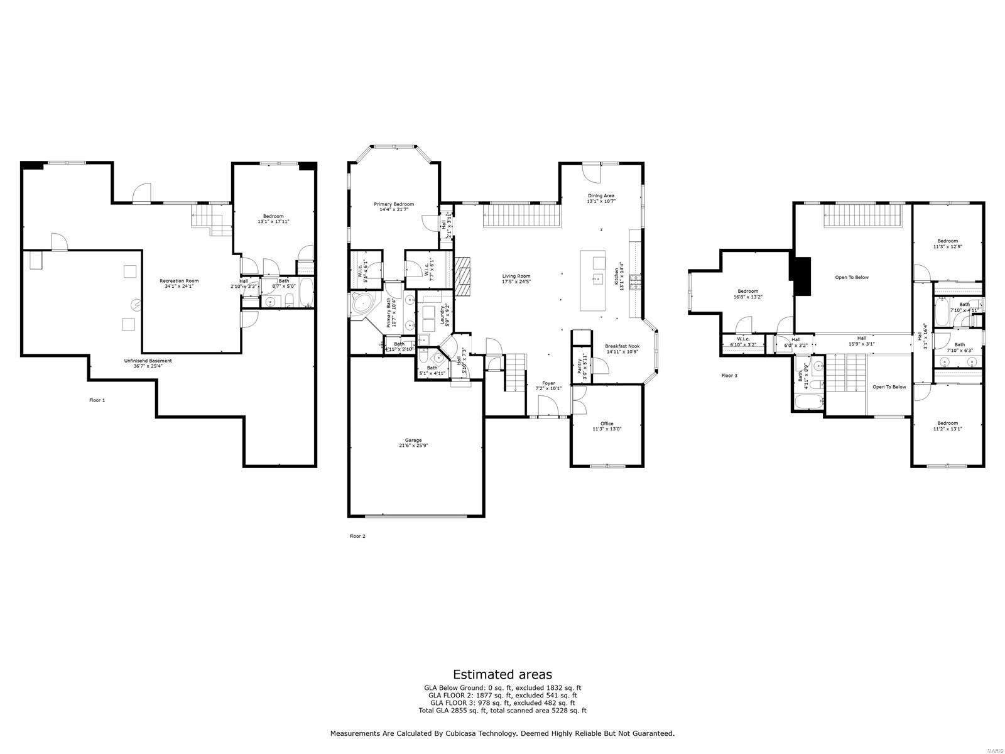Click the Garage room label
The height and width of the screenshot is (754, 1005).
pyautogui.click(x=413, y=442)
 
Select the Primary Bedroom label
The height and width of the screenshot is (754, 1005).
pyautogui.click(x=394, y=207)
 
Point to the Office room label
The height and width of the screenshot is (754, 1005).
pyautogui.click(x=607, y=426)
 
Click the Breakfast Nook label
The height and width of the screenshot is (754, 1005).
pyautogui.click(x=622, y=349)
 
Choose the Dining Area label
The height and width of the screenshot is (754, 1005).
pyautogui.click(x=600, y=199)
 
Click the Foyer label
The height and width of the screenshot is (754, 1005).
pyautogui.click(x=548, y=385)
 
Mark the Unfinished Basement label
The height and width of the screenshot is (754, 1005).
pyautogui.click(x=148, y=363)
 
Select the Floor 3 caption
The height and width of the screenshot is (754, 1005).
pyautogui.click(x=729, y=376)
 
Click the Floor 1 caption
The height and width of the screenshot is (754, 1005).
pyautogui.click(x=97, y=400)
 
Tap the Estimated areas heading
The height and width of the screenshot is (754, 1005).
pyautogui.click(x=503, y=674)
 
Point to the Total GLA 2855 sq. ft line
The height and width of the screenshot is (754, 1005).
pyautogui.click(x=503, y=711)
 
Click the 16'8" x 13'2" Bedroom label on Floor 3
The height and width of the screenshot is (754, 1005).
pyautogui.click(x=748, y=294)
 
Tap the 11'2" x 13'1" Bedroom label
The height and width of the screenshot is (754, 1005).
pyautogui.click(x=947, y=425)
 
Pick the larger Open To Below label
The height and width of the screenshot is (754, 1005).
pyautogui.click(x=852, y=277)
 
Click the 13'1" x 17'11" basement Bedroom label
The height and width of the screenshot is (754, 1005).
pyautogui.click(x=273, y=219)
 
